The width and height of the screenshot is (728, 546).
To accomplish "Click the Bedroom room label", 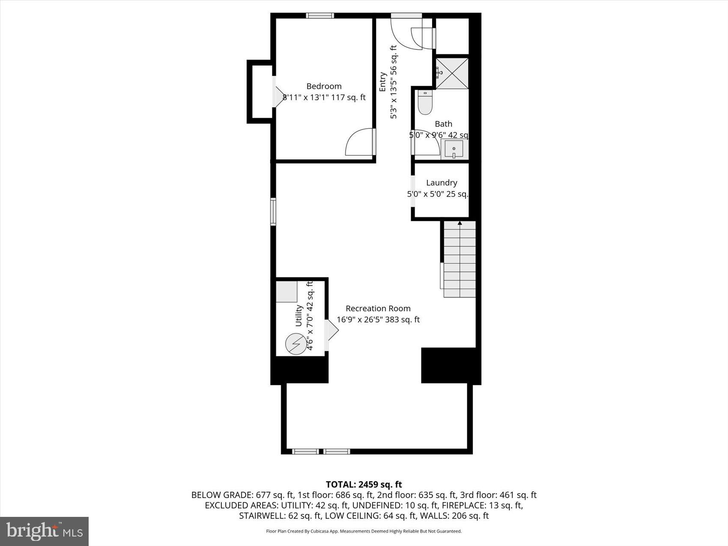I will click(x=324, y=86).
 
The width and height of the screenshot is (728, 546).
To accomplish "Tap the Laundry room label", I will click(x=442, y=183).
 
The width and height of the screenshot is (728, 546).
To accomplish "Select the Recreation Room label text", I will click(x=378, y=308).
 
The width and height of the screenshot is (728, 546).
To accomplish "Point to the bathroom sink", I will click(x=454, y=150).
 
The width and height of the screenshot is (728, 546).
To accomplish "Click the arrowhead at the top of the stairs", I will click(x=459, y=223).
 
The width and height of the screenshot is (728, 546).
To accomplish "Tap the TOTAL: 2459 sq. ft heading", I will click(x=364, y=484).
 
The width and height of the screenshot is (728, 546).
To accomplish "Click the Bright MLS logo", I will click(x=45, y=531).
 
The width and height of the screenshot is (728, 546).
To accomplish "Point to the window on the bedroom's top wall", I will click(x=320, y=16).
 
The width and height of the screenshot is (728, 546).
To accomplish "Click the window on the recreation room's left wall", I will click(x=273, y=212).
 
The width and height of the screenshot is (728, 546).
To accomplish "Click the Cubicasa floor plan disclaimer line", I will click(x=364, y=531).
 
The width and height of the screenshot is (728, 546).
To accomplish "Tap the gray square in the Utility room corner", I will click(x=286, y=292).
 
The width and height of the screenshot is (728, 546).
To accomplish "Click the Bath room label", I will click(x=443, y=124).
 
